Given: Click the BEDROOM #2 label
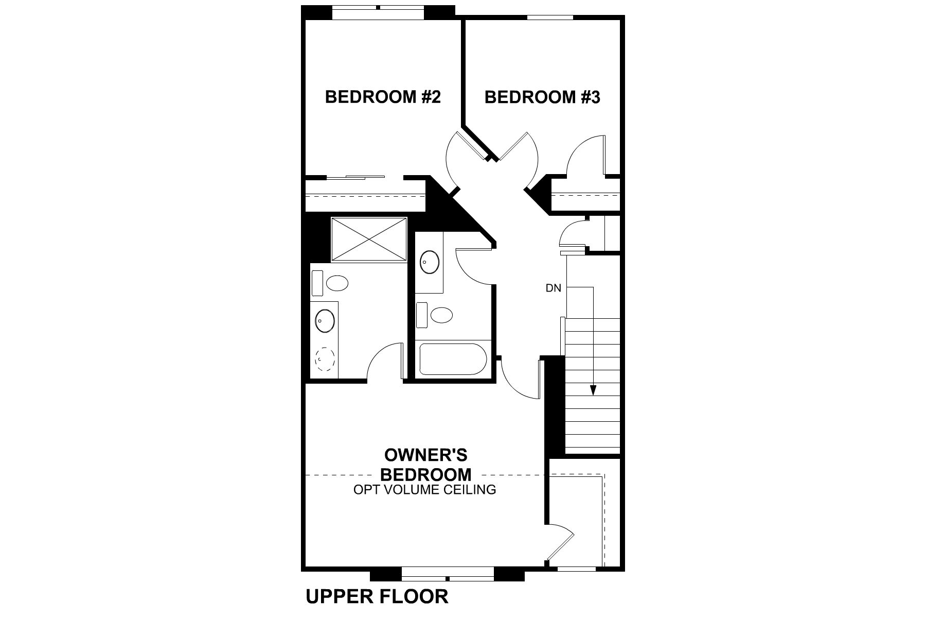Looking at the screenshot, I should coord(383,97).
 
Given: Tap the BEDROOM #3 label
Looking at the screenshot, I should coord(542,97).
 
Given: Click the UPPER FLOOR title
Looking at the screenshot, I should coord(377,596).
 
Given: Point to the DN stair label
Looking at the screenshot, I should coord(553,288).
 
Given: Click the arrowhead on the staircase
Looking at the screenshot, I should coord(593,390).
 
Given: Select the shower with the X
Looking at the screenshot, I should coord(369,240).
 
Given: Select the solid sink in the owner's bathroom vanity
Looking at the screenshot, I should coord(325,321).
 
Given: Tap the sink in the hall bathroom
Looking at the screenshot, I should coord(430,262).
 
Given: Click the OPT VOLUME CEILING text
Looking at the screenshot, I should coord(424,490).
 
